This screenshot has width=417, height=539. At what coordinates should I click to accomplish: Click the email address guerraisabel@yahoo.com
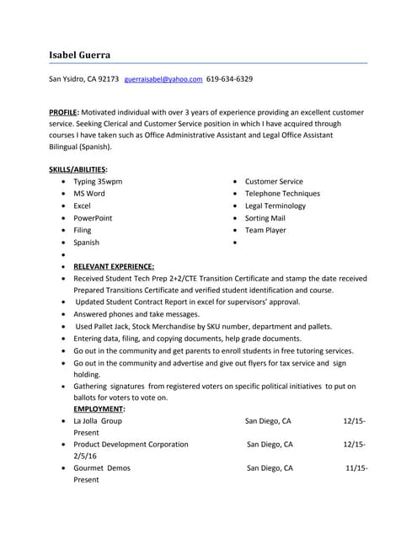(x=163, y=79)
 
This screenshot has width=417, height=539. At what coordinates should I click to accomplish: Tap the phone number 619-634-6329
(x=229, y=79)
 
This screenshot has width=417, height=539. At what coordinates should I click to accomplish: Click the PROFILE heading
(x=63, y=111)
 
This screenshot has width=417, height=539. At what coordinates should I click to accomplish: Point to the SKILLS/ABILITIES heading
(x=78, y=169)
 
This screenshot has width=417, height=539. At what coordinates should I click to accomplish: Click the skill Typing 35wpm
(x=98, y=181)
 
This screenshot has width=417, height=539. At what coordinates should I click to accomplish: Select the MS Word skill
(x=89, y=194)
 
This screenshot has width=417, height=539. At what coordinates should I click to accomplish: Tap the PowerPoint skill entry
(x=93, y=218)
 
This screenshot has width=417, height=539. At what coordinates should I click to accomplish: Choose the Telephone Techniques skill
(x=282, y=194)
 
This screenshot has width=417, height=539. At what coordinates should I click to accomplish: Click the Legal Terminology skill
(x=275, y=205)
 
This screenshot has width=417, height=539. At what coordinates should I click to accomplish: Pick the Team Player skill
(x=265, y=230)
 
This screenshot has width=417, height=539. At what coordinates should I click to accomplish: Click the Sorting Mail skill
(x=266, y=218)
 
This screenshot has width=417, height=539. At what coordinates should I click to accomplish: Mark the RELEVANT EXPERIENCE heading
(x=114, y=266)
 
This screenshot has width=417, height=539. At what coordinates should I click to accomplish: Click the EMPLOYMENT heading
(x=99, y=408)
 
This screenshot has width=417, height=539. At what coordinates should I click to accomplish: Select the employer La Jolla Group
(x=98, y=419)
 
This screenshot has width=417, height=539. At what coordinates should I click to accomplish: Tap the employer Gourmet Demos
(x=103, y=467)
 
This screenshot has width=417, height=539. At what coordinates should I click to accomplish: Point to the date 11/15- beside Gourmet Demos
(x=356, y=467)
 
